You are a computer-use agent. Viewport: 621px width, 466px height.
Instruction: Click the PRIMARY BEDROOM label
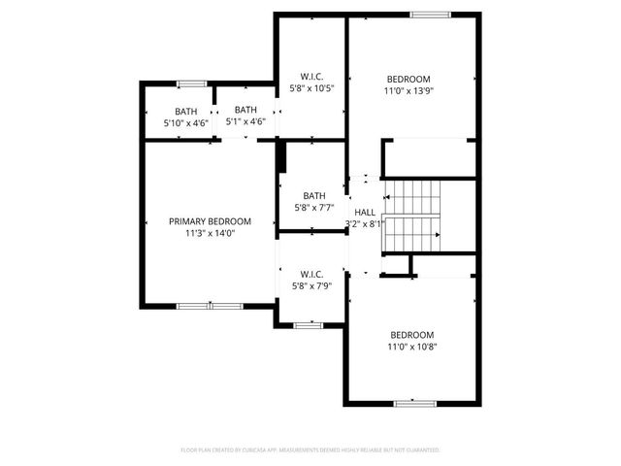pyautogui.click(x=210, y=220)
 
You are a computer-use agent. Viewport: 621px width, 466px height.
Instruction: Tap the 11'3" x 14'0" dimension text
pyautogui.click(x=210, y=233)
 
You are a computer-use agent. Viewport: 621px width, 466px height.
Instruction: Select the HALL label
pyautogui.click(x=365, y=213)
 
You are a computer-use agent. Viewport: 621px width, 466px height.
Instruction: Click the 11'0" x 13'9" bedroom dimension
pyautogui.click(x=409, y=91)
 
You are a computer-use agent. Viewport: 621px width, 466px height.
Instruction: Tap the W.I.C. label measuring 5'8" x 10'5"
pyautogui.click(x=311, y=76)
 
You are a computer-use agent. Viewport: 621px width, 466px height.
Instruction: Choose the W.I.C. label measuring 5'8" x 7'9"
pyautogui.click(x=310, y=274)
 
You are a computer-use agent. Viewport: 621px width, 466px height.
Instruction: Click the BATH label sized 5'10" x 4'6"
pyautogui.click(x=185, y=111)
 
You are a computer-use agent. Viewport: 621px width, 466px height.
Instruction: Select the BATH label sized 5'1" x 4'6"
pyautogui.click(x=245, y=110)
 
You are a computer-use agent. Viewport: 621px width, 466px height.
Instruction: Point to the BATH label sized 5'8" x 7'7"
pyautogui.click(x=313, y=194)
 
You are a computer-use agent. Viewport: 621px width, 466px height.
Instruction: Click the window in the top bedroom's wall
pyautogui.click(x=429, y=15)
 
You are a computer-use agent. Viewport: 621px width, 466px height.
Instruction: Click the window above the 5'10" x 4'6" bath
pyautogui.click(x=191, y=83)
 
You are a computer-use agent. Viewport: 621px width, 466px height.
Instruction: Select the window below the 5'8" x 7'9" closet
pyautogui.click(x=308, y=325)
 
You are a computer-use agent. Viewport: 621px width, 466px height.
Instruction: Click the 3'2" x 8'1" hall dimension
pyautogui.click(x=365, y=223)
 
